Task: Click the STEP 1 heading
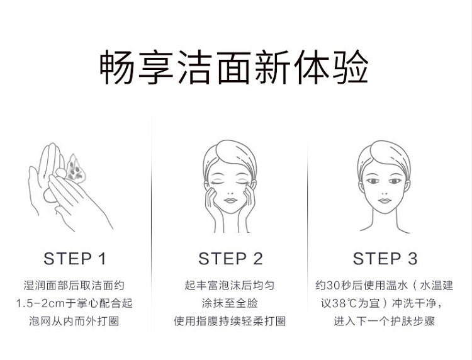tap(75, 259)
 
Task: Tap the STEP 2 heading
tap(230, 259)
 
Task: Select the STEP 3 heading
tap(385, 259)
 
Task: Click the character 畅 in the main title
tap(116, 67)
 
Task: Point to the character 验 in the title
tap(351, 67)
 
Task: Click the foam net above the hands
tap(74, 169)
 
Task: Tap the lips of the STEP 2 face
tap(230, 201)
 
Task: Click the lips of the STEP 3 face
tap(385, 201)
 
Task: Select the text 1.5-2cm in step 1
tap(40, 303)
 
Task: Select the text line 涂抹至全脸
tap(230, 303)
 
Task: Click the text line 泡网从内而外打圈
tap(74, 321)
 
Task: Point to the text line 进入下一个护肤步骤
tap(385, 321)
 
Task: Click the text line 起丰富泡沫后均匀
tap(230, 285)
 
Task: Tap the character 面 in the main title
tap(234, 67)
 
